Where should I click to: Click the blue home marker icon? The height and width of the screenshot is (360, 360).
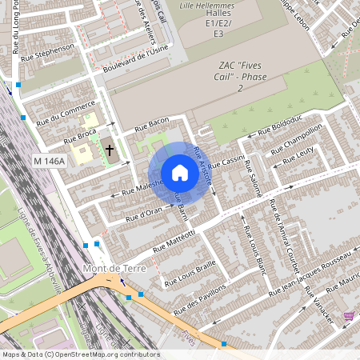(x=180, y=173)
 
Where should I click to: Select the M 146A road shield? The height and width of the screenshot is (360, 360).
(x=49, y=162)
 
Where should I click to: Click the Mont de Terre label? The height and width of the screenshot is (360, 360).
(x=114, y=269)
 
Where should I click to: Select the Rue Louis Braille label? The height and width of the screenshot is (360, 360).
(x=190, y=272)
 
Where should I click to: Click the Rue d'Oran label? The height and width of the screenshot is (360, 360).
(x=145, y=212)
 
